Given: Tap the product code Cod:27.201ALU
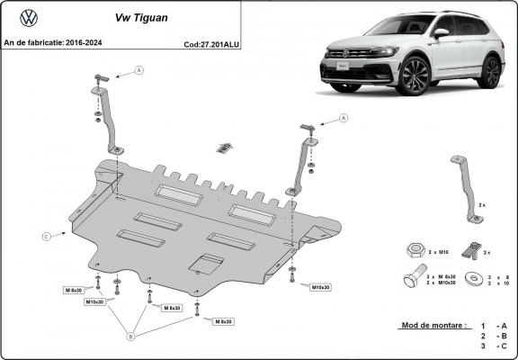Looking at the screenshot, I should pyautogui.click(x=213, y=42).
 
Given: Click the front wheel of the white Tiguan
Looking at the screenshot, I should pyautogui.click(x=414, y=76).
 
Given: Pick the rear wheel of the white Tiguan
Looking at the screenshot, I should pyautogui.click(x=489, y=71).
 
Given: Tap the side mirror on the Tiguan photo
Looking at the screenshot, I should pyautogui.click(x=441, y=33).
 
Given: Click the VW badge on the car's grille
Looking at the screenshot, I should pyautogui.click(x=345, y=54).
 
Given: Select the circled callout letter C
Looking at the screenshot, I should pyautogui.click(x=45, y=237).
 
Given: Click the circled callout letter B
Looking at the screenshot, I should pyautogui.click(x=129, y=337).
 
